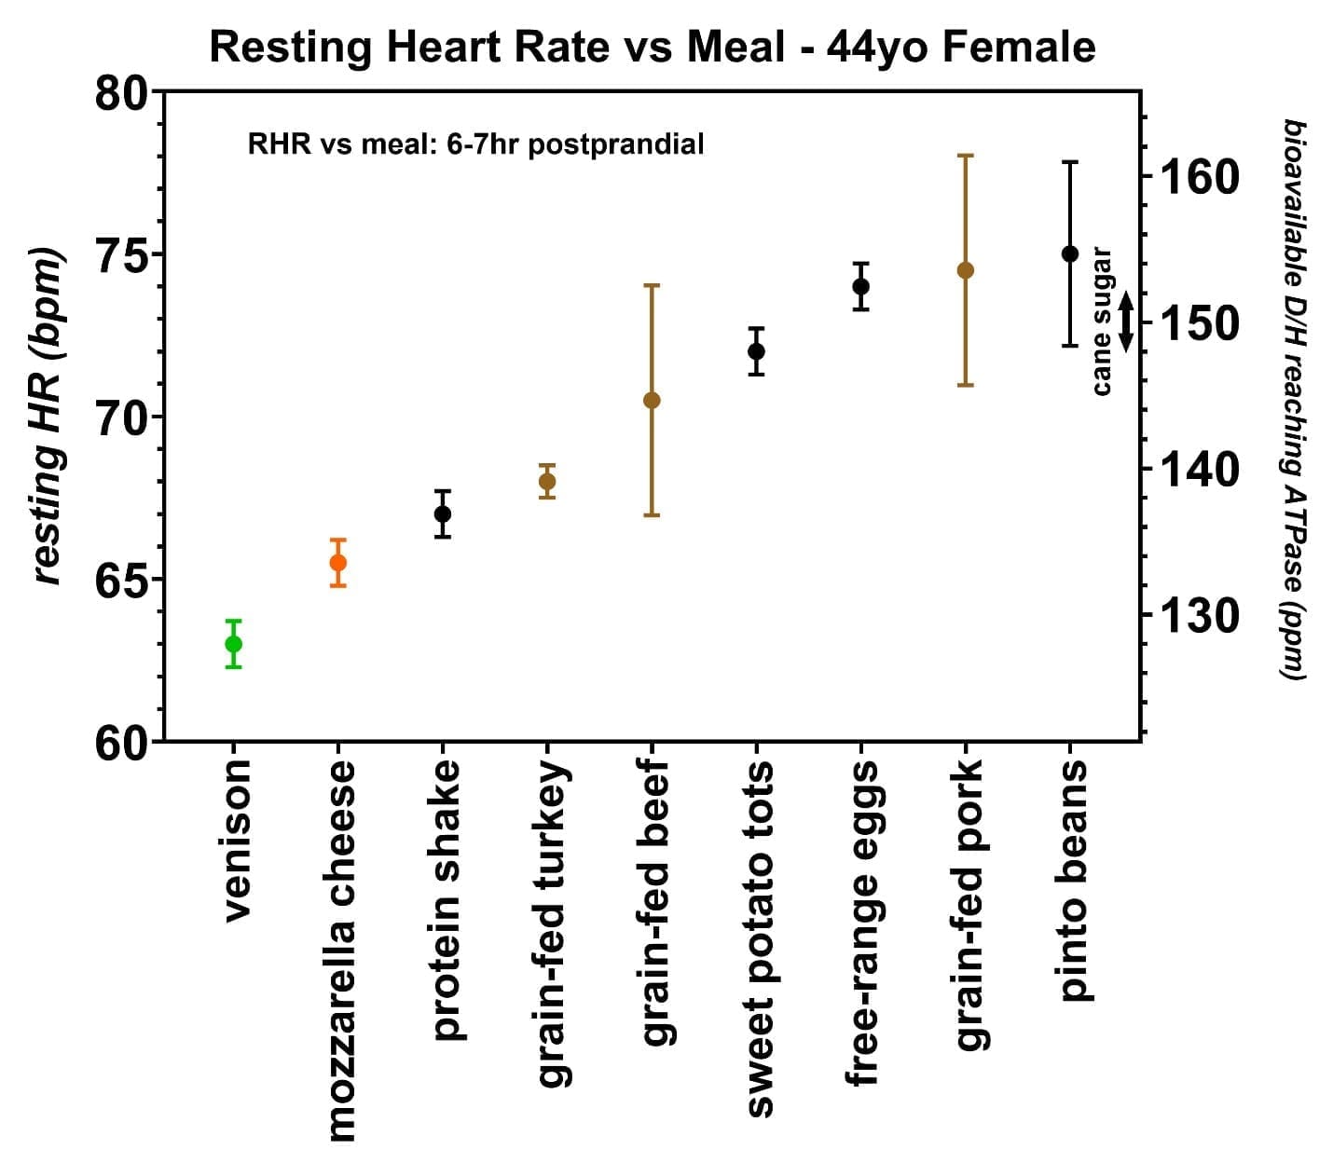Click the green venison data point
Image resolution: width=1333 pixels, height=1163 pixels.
click(234, 644)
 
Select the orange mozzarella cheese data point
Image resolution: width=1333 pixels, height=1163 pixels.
click(338, 563)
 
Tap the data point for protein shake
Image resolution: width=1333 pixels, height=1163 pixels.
click(443, 513)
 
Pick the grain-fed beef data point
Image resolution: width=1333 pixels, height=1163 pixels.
click(652, 400)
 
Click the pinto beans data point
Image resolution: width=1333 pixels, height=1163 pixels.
click(1070, 253)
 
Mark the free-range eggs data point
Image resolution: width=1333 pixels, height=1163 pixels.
click(861, 286)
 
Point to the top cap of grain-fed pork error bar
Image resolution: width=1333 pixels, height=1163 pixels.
click(966, 156)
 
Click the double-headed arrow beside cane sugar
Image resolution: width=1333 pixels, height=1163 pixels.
click(1126, 322)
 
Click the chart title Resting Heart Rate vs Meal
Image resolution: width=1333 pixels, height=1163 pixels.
click(652, 47)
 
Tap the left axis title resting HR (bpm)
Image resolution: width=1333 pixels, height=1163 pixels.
click(47, 417)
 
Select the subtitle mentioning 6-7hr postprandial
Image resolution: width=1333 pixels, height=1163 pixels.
click(475, 144)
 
